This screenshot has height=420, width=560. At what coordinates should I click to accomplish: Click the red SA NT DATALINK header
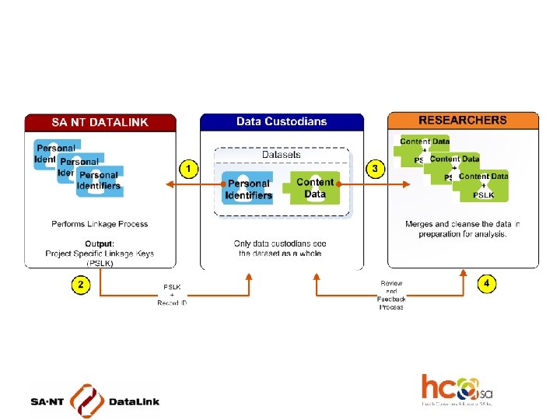(100, 122)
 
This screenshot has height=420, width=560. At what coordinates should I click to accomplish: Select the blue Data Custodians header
(282, 121)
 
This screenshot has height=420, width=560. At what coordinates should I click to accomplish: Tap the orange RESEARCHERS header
(463, 121)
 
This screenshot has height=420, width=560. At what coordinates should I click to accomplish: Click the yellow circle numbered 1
(187, 167)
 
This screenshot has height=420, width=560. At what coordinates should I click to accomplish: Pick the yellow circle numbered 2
(80, 285)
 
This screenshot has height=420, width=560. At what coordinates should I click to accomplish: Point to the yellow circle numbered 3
(376, 167)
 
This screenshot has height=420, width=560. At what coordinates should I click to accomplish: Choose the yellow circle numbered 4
(486, 284)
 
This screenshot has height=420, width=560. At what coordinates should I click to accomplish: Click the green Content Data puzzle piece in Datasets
(315, 187)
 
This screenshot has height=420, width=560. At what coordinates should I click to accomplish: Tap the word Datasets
(282, 155)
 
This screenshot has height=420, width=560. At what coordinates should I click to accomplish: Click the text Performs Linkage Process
(100, 224)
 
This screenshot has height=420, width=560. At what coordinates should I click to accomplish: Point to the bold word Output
(99, 244)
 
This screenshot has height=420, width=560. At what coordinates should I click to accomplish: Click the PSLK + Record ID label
(172, 295)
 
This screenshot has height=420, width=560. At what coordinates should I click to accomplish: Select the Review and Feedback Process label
(391, 296)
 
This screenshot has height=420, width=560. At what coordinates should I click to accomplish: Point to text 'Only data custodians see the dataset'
(282, 249)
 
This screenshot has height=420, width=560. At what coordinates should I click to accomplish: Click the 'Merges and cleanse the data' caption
(463, 229)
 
